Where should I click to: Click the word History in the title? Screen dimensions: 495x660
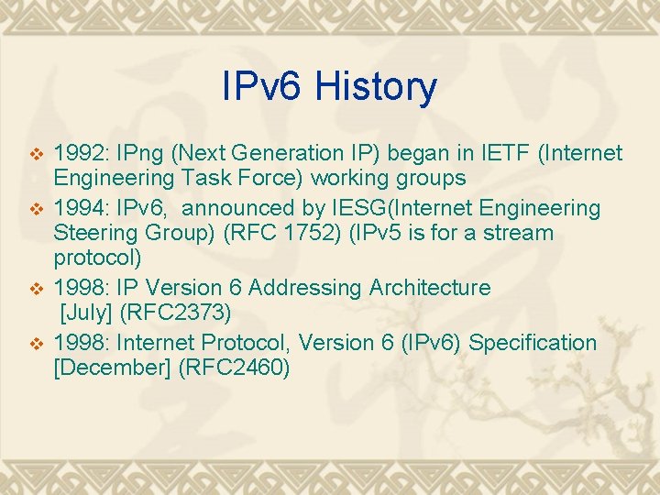pos(376,87)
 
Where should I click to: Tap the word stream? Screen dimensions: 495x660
pos(522,233)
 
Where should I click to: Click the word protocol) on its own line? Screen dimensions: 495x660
pos(97,258)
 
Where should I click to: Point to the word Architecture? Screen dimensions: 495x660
pos(430,288)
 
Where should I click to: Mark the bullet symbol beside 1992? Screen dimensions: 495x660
pos(37,153)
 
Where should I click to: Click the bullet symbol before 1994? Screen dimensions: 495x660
pos(37,208)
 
